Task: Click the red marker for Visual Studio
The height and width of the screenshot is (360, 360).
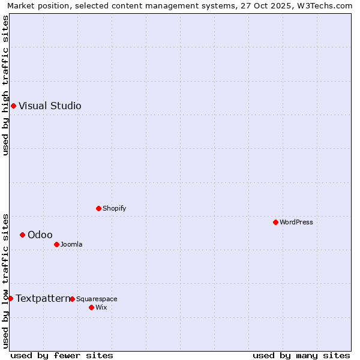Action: tap(13, 106)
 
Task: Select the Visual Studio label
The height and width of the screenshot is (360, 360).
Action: tap(50, 106)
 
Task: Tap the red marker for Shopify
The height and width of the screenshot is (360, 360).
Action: tap(98, 208)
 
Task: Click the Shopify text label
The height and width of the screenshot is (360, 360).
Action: tap(114, 208)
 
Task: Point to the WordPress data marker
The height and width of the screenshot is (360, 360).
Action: tap(275, 222)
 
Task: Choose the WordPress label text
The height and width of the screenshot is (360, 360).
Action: tap(296, 222)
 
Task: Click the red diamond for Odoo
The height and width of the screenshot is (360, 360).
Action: tap(22, 235)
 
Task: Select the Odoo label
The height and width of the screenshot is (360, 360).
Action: tap(40, 235)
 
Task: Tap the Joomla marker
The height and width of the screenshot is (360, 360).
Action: tap(56, 244)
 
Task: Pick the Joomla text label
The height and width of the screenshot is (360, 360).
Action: tap(71, 244)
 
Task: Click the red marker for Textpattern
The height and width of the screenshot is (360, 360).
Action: tap(10, 298)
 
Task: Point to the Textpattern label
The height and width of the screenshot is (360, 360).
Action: tap(43, 298)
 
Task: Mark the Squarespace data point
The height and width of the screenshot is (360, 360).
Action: tap(72, 299)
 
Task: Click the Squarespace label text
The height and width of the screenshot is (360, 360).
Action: tap(97, 299)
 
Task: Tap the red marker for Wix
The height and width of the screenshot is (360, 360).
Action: tap(91, 307)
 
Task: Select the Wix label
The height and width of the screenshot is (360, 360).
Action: tap(101, 307)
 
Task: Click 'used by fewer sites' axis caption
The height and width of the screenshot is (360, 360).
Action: tap(62, 355)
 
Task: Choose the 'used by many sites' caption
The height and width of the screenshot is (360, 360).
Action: tap(301, 355)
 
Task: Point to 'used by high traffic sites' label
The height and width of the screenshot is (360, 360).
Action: tap(5, 85)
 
